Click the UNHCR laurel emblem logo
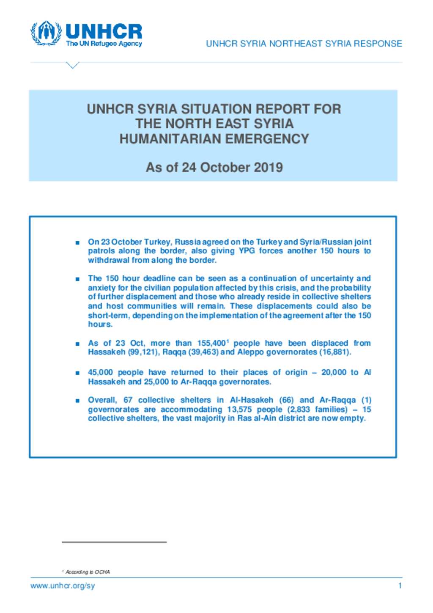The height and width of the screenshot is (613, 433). (45, 33)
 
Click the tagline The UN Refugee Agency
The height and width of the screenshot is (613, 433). (104, 44)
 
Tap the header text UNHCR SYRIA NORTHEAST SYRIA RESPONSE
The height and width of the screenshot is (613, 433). (304, 44)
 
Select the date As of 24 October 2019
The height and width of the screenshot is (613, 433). (214, 167)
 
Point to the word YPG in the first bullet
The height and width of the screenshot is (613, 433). (247, 251)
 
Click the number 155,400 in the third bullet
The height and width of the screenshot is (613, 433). (211, 343)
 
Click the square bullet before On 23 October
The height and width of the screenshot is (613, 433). (77, 243)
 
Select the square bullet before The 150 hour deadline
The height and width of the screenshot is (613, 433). (77, 279)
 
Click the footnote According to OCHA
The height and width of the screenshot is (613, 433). (88, 572)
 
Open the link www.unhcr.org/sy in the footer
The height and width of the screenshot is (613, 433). (63, 586)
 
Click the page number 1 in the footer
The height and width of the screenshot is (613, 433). (400, 586)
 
